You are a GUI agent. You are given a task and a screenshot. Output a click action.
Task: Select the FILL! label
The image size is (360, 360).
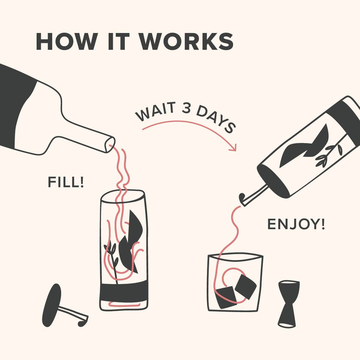point(66,182)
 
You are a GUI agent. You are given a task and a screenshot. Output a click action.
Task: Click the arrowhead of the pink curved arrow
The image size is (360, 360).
point(232,148)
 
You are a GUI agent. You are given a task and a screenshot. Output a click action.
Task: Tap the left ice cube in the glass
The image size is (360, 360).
point(225,297)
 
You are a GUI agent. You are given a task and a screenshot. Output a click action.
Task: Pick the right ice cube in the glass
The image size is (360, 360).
point(245,286)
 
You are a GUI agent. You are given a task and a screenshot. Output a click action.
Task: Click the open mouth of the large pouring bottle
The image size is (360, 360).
point(110,144)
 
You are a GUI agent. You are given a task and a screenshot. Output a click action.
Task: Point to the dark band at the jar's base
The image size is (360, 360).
point(124,291)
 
